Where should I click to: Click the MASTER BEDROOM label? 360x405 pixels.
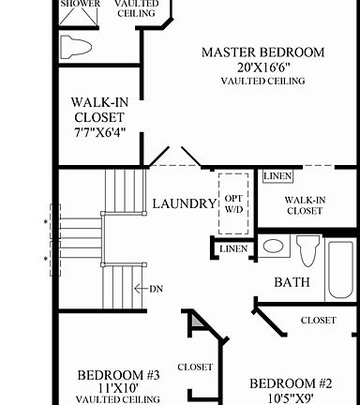pyautogui.click(x=263, y=52)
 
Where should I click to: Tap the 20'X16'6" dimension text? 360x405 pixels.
pyautogui.click(x=263, y=67)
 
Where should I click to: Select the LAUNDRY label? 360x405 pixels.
pyautogui.click(x=184, y=203)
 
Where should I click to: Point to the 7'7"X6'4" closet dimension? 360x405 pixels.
pyautogui.click(x=98, y=133)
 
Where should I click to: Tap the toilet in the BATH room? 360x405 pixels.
pyautogui.click(x=307, y=251)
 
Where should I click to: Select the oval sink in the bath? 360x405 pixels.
pyautogui.click(x=274, y=247)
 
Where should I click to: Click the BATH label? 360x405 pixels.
pyautogui.click(x=292, y=282)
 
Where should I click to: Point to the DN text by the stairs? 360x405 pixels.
pyautogui.click(x=156, y=289)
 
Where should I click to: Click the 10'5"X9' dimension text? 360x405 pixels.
pyautogui.click(x=291, y=397)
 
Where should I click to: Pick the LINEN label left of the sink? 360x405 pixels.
pyautogui.click(x=233, y=249)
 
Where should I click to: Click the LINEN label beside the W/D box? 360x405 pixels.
pyautogui.click(x=277, y=176)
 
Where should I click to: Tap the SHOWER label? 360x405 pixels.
pyautogui.click(x=80, y=5)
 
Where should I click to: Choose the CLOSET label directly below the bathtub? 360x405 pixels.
pyautogui.click(x=319, y=321)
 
